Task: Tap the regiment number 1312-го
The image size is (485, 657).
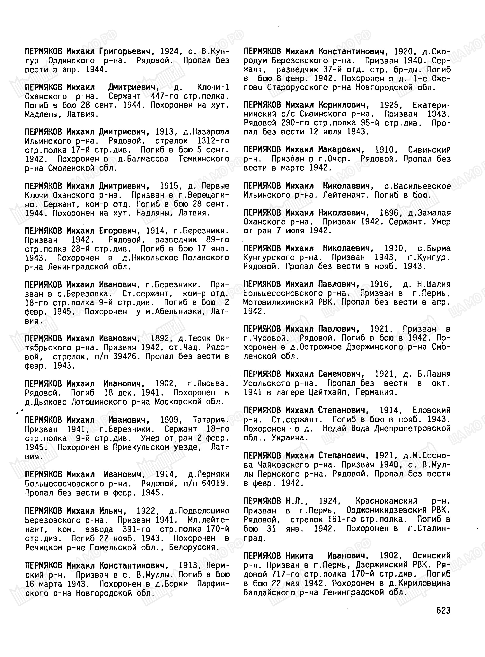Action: point(212,141)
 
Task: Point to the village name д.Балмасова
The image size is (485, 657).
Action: point(143,159)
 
